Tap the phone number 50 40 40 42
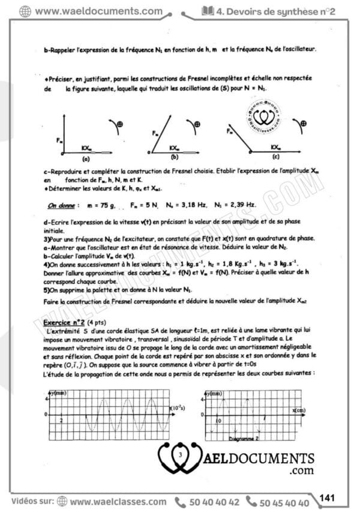point(214,502)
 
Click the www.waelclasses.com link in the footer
point(118,502)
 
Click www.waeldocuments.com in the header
point(98,11)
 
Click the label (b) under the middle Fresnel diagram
point(175,158)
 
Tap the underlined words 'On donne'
point(61,205)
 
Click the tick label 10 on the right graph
point(218,421)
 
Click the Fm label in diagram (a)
point(59,140)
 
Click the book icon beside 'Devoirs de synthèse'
point(208,11)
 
